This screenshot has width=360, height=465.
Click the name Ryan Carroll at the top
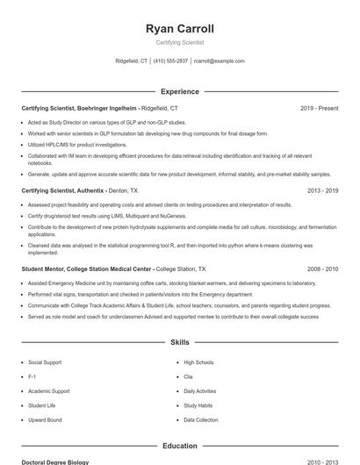(180, 28)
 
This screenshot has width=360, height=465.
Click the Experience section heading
(180, 91)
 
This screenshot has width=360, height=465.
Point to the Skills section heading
(180, 343)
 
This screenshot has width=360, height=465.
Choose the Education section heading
(180, 446)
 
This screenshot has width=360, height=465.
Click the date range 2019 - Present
(319, 108)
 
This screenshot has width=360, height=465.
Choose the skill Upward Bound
(45, 420)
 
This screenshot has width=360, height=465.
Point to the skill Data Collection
(201, 420)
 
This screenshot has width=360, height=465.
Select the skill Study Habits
(198, 405)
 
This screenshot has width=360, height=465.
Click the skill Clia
(188, 376)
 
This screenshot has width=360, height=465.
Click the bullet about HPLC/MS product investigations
(77, 144)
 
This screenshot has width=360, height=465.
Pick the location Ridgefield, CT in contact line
(132, 61)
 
